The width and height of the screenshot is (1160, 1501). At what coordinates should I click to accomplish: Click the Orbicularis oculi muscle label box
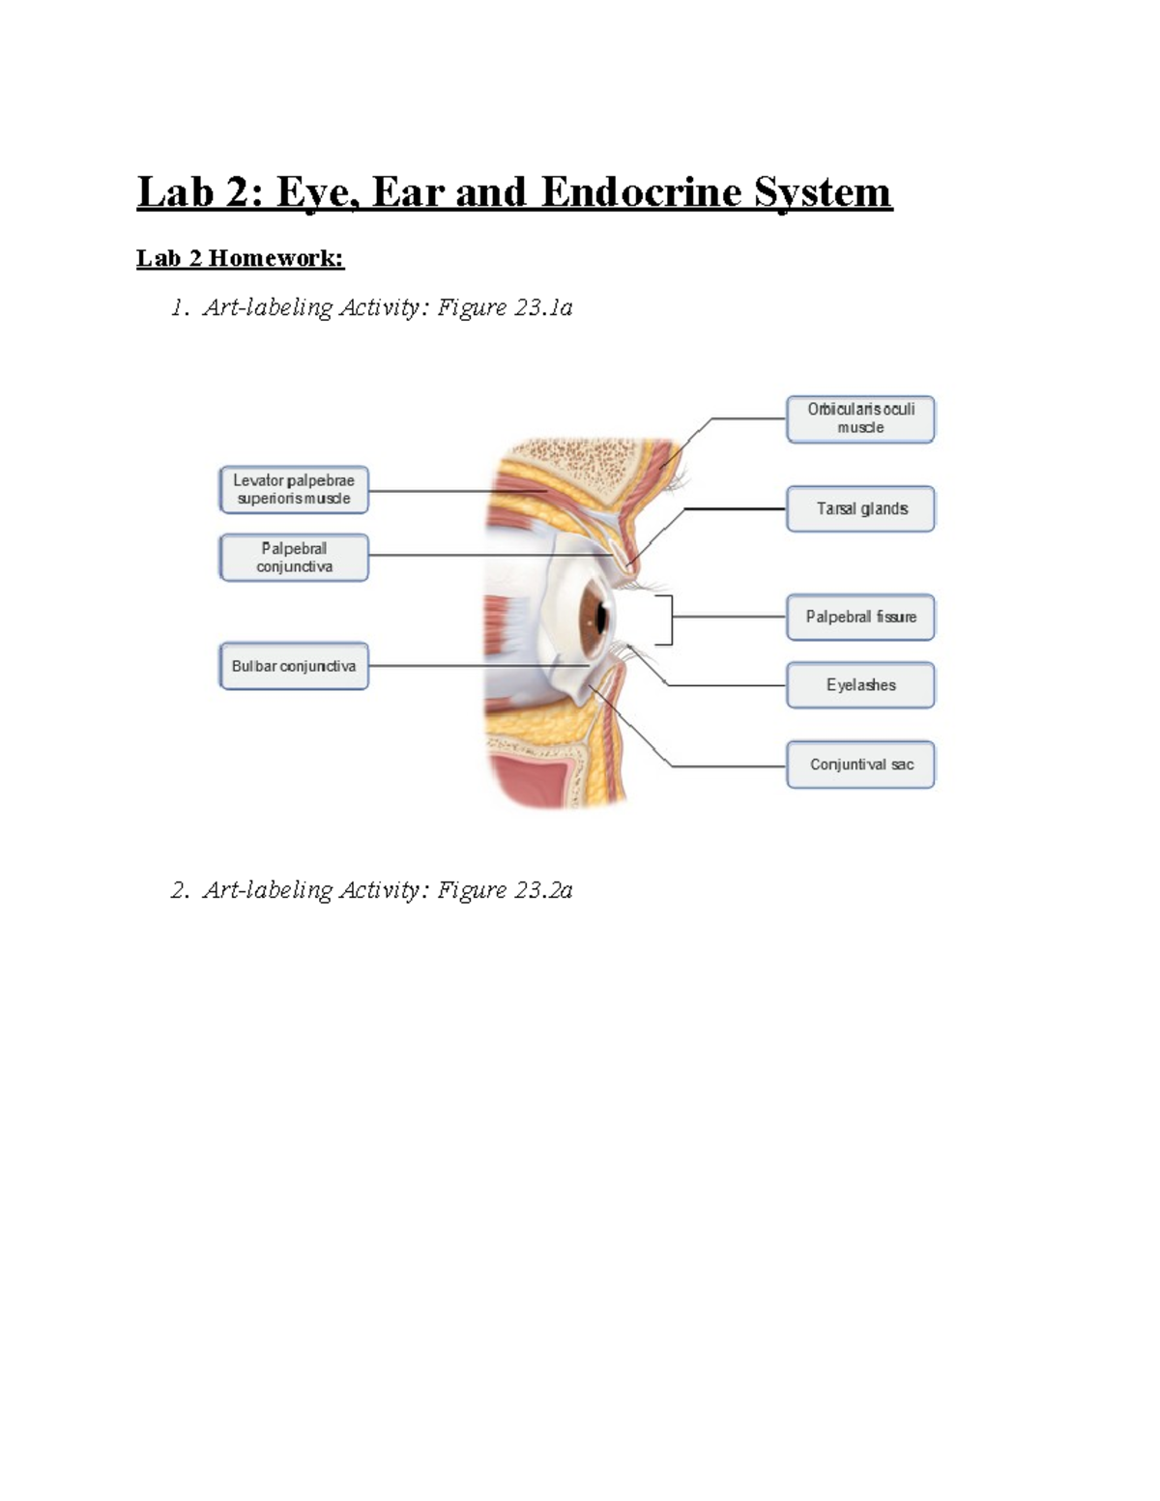tap(860, 419)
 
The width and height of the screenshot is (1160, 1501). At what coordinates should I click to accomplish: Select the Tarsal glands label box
tap(860, 508)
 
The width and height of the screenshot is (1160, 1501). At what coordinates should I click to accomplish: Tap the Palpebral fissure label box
tap(860, 617)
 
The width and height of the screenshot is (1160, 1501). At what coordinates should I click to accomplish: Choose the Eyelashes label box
tap(860, 685)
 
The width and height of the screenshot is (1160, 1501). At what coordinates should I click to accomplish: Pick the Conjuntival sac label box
tap(860, 765)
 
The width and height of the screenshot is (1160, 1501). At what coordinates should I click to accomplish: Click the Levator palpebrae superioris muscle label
tap(294, 489)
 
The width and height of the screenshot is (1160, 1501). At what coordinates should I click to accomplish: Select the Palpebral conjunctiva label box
tap(294, 558)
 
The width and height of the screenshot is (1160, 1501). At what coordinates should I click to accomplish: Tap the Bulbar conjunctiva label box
tap(294, 666)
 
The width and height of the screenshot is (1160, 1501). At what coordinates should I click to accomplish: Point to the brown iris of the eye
tap(591, 617)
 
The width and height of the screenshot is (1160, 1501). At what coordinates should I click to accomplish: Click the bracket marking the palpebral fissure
tap(669, 620)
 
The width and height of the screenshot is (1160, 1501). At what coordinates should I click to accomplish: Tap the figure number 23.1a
tap(543, 307)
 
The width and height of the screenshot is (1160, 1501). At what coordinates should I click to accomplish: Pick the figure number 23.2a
tap(543, 890)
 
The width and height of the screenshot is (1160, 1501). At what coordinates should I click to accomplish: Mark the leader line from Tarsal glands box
tap(735, 508)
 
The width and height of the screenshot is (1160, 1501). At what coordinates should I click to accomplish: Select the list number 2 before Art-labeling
tap(179, 890)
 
